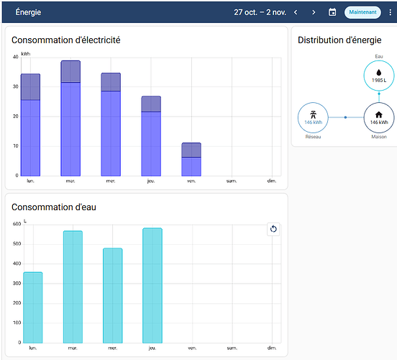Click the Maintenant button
pos(362,12)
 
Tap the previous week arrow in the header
pos(296,12)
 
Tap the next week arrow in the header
pos(314,12)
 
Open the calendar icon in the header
pos(332,12)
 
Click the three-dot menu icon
pos(390,12)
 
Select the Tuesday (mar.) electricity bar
pos(70,118)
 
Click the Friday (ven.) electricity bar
pos(191,159)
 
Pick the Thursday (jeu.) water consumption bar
pos(152,285)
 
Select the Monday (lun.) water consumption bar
pos(33,307)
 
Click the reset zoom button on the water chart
pos(273,229)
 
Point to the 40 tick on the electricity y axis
pos(16,57)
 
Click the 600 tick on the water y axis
pos(17,224)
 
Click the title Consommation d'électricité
pos(66,40)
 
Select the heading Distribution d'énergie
pos(339,40)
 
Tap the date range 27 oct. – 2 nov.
pos(260,12)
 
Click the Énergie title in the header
pos(28,12)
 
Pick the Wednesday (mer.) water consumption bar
pos(113,296)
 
